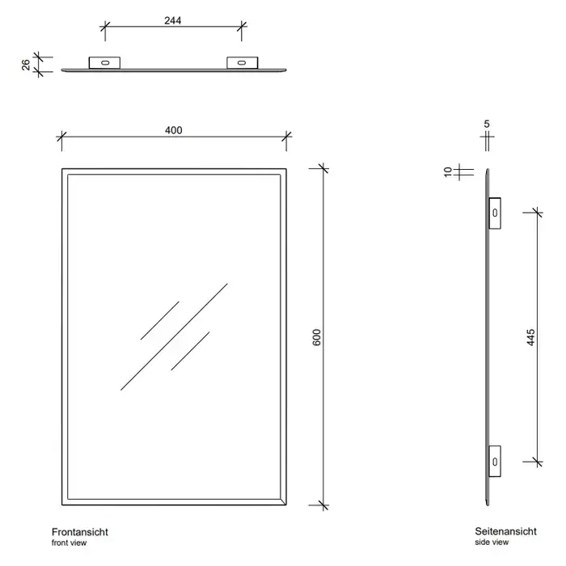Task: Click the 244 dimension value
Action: tap(172, 20)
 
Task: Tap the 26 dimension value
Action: tap(26, 65)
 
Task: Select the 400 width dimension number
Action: tap(174, 130)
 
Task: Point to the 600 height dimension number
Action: tap(317, 337)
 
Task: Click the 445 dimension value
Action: tap(530, 337)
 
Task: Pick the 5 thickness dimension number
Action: tap(487, 125)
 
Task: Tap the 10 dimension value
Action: tap(448, 171)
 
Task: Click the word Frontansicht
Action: tap(80, 532)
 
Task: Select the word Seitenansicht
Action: tap(505, 531)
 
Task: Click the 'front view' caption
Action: tap(69, 543)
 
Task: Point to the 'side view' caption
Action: tap(492, 543)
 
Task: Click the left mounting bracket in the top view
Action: tap(104, 63)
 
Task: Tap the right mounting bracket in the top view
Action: tap(243, 63)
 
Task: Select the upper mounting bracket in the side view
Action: tap(495, 213)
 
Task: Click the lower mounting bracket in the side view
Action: tap(495, 462)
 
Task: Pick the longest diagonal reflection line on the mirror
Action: tap(174, 337)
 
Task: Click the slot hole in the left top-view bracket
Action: tap(105, 63)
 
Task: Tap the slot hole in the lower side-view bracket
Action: tap(495, 462)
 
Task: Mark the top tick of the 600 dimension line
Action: tap(323, 168)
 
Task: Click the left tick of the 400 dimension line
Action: tap(61, 137)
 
